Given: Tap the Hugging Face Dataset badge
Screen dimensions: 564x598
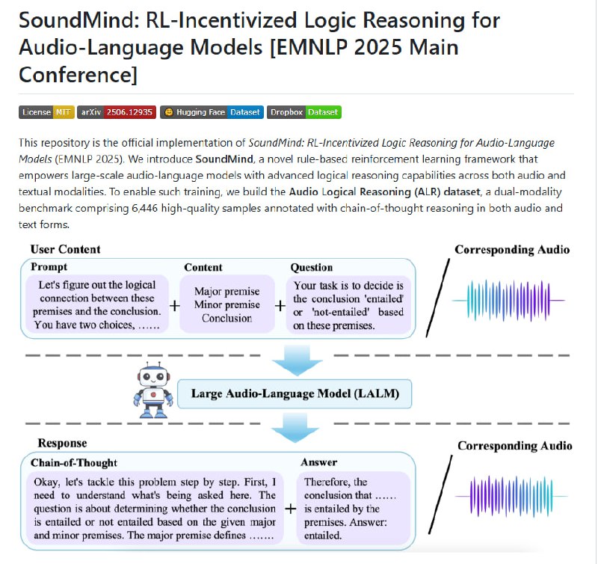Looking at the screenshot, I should pos(212,112).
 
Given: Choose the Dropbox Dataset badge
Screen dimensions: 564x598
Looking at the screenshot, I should pos(303,112).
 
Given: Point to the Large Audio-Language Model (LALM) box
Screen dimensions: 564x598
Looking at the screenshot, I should pos(294,393).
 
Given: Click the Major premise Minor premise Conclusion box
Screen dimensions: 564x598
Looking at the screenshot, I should pos(227,304).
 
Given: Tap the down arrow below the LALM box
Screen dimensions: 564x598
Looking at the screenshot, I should pos(294,427).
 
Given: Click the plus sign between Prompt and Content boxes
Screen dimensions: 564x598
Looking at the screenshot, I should pos(173,305).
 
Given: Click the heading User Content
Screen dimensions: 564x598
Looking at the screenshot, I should pos(66,249).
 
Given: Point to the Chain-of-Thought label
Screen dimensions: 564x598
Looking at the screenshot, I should pos(74,462).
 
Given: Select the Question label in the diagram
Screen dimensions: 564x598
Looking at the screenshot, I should pos(311,267).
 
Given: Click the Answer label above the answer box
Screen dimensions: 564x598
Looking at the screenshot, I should pos(318,462).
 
